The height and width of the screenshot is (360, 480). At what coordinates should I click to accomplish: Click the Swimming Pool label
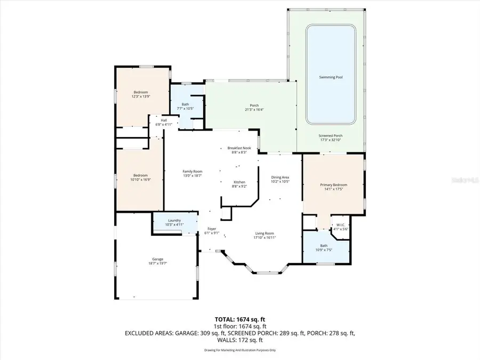click(331, 77)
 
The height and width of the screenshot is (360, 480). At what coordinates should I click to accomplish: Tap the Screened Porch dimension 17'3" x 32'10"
click(331, 140)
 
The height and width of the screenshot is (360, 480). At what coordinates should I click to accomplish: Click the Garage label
click(157, 259)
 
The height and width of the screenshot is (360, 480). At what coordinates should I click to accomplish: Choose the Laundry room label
click(174, 220)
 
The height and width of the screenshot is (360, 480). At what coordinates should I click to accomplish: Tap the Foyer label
click(211, 229)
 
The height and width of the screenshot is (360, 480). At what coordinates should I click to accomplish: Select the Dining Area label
click(280, 178)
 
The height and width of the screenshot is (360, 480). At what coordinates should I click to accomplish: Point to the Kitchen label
click(239, 182)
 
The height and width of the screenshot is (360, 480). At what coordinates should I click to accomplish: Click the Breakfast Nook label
click(239, 148)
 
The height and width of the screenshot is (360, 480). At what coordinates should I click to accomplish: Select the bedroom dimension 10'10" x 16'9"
click(141, 180)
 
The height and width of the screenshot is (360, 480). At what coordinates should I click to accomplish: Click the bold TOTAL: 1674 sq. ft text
click(239, 319)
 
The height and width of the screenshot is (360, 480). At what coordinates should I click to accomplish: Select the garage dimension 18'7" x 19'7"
click(157, 263)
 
